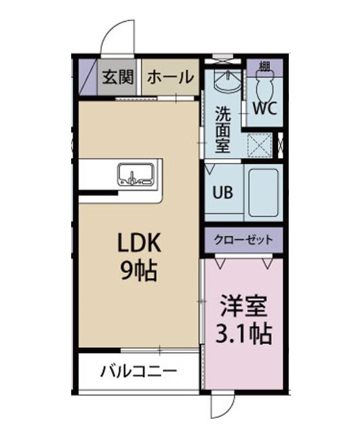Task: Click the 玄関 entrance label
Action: [119, 77]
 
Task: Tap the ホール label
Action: [169, 77]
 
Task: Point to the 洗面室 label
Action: [222, 129]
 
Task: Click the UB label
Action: [223, 192]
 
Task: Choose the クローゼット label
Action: [243, 239]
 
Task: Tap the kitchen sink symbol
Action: [137, 174]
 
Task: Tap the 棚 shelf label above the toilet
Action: [264, 66]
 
